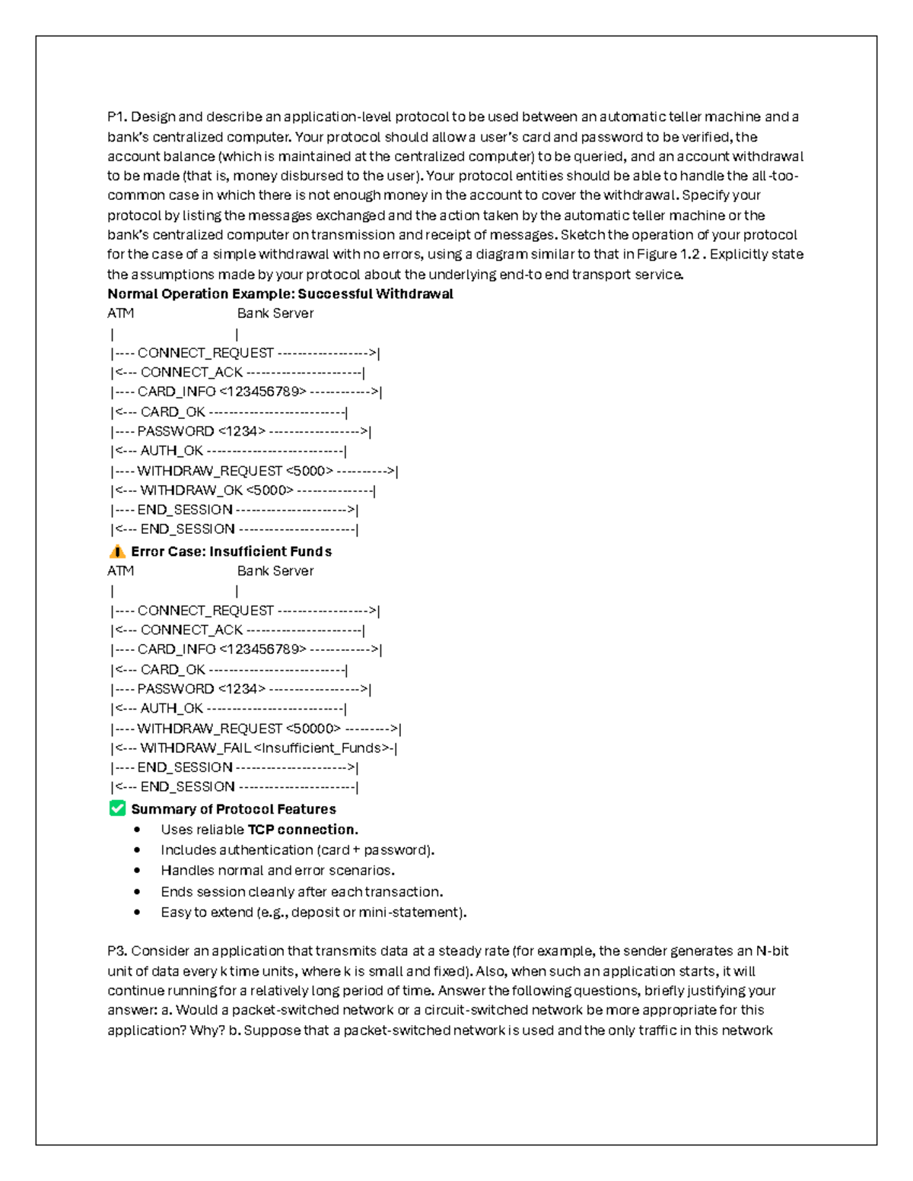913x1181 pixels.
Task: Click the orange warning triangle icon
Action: click(117, 551)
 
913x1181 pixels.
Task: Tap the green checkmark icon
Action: click(117, 808)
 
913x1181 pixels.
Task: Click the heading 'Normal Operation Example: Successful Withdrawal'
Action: click(280, 294)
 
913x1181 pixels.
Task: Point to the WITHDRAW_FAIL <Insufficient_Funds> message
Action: click(255, 748)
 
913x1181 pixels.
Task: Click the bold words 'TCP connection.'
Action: click(303, 830)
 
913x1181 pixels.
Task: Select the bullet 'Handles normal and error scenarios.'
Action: click(278, 870)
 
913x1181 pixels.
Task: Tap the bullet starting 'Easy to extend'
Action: click(313, 912)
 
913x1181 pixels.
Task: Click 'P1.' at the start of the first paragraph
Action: click(117, 117)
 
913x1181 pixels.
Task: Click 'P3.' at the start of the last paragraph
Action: click(118, 951)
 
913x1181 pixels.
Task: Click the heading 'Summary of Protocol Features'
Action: click(233, 809)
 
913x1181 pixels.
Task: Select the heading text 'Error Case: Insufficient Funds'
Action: click(231, 551)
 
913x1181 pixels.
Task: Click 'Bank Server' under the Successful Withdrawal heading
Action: click(275, 313)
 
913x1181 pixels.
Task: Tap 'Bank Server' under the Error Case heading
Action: click(275, 571)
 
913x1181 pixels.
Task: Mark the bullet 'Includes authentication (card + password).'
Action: click(297, 850)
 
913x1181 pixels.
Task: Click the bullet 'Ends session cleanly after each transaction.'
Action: click(301, 891)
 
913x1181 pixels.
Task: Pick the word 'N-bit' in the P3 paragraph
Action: click(772, 951)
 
